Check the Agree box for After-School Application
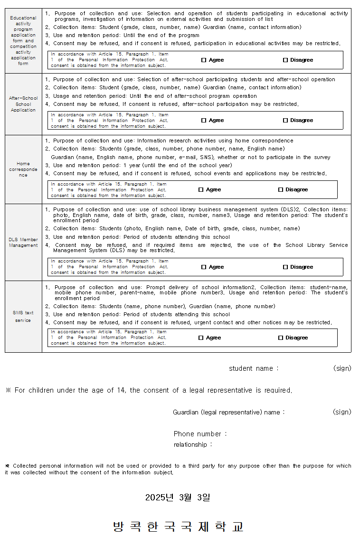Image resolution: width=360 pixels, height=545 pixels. [204, 121]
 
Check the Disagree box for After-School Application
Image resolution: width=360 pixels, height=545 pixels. [285, 121]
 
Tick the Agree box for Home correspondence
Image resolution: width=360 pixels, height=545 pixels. [201, 190]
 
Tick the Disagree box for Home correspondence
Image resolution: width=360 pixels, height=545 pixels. [281, 190]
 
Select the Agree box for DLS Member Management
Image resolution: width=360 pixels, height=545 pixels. [204, 267]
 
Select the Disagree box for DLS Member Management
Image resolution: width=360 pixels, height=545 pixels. [285, 267]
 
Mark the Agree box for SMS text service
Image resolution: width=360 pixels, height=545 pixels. [201, 338]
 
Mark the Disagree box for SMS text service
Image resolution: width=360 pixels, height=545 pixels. [281, 338]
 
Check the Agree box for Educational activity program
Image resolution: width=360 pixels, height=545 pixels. [204, 60]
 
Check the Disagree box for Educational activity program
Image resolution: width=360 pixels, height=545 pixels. [285, 60]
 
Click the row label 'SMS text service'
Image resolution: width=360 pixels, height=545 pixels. [23, 317]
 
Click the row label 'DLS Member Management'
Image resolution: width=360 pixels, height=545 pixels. [23, 243]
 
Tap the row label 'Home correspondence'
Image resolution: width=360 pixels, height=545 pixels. [23, 169]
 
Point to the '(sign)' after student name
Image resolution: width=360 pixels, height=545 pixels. [342, 368]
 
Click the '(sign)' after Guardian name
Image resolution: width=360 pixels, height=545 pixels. [342, 412]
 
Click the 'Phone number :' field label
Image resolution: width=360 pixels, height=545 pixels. [200, 434]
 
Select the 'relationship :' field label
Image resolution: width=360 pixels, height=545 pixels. [192, 445]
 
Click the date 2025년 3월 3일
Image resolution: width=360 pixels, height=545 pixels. [178, 498]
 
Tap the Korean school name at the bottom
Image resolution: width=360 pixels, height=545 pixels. [179, 526]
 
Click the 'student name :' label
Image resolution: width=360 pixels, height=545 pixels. [254, 369]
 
